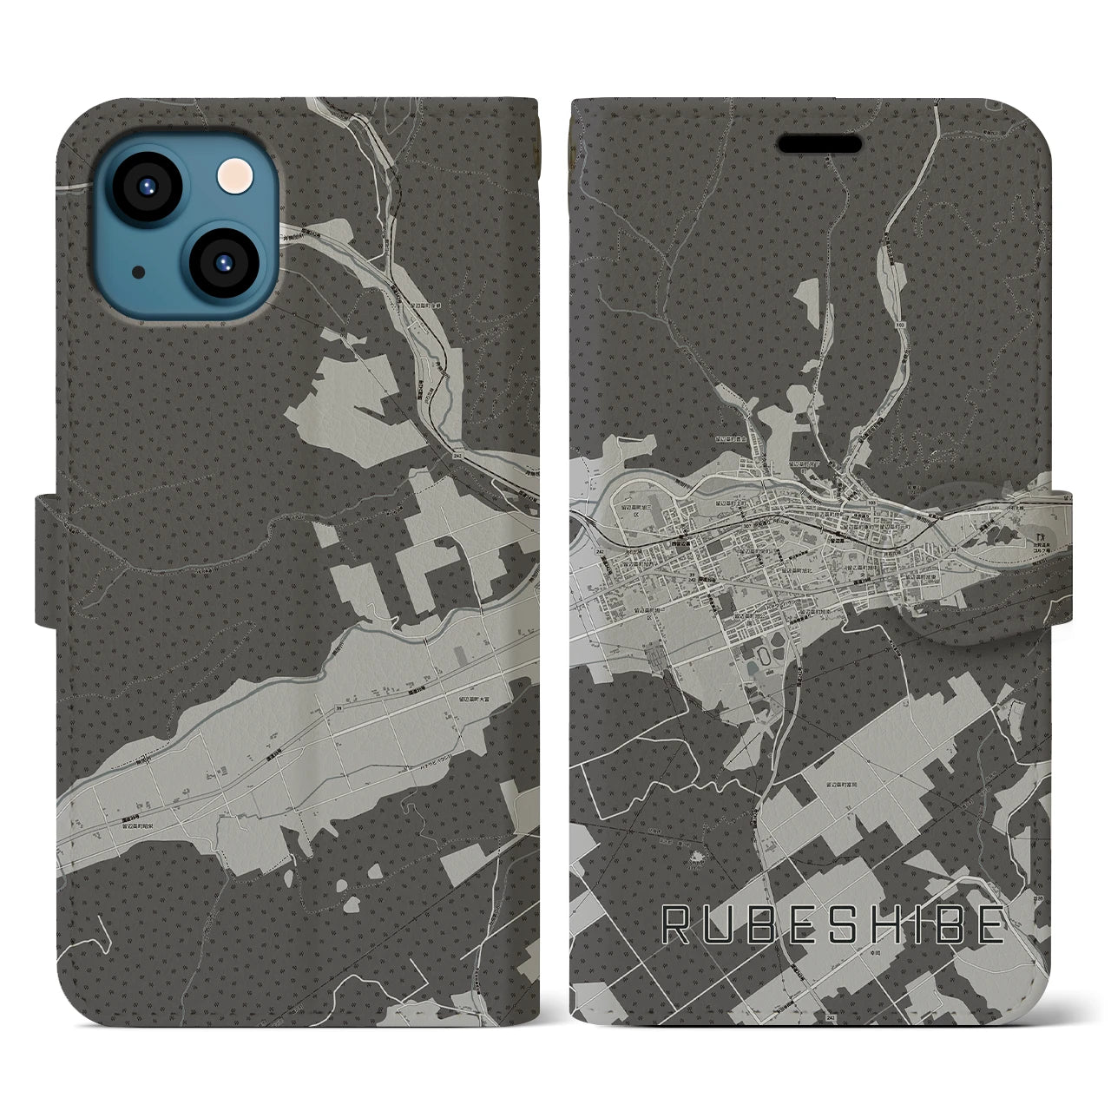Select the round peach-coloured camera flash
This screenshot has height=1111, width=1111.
coord(233,179)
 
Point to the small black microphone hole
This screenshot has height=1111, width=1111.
coord(139,272)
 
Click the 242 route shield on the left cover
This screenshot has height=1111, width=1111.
coord(457,454)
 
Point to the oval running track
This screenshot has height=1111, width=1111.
coord(763,655)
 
